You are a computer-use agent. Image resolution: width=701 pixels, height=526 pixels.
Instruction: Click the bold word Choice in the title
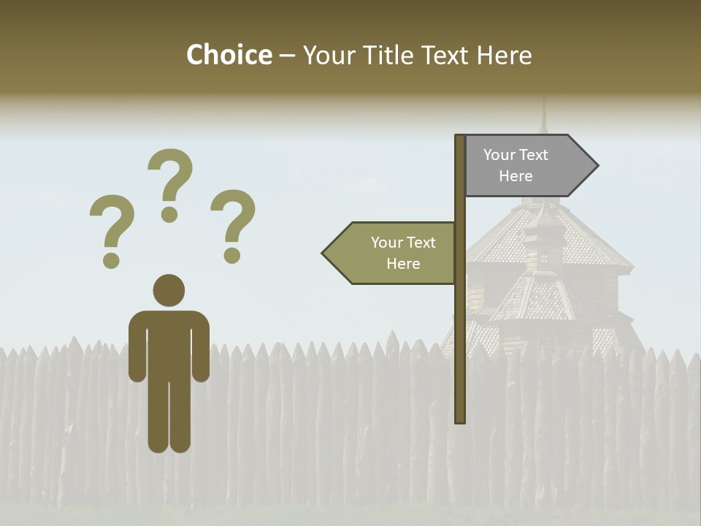pyautogui.click(x=229, y=56)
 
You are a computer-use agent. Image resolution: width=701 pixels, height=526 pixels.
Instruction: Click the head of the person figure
pyautogui.click(x=169, y=290)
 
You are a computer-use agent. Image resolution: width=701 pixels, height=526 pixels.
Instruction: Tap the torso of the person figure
pyautogui.click(x=169, y=343)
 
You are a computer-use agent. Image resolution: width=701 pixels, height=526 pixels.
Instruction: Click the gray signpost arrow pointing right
pyautogui.click(x=526, y=166)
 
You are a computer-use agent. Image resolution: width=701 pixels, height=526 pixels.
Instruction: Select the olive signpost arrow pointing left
pyautogui.click(x=394, y=253)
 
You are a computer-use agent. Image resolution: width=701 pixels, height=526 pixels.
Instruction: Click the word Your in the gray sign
pyautogui.click(x=499, y=155)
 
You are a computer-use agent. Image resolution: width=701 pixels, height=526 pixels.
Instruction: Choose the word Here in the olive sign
pyautogui.click(x=403, y=264)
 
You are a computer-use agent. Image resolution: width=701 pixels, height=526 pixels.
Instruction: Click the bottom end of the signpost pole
pyautogui.click(x=460, y=419)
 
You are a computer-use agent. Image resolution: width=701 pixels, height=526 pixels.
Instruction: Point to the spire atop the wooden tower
pyautogui.click(x=543, y=117)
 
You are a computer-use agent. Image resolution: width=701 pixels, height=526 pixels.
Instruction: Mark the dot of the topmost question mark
pyautogui.click(x=169, y=213)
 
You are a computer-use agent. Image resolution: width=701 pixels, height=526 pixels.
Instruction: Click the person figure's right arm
pyautogui.click(x=201, y=347)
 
